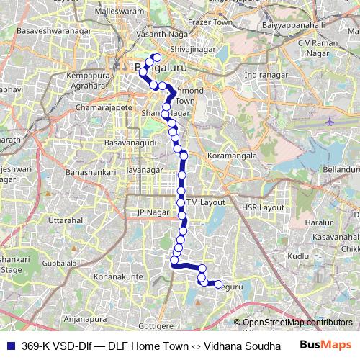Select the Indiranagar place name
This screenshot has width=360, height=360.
pos(265,75)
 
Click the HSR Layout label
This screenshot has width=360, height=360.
pos(264,207)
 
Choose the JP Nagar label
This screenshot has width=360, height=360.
pos(152,212)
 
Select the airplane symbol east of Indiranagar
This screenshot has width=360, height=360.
pos(330,122)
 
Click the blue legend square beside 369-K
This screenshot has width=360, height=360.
pos(11,346)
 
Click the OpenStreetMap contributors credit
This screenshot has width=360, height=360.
pos(293,323)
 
